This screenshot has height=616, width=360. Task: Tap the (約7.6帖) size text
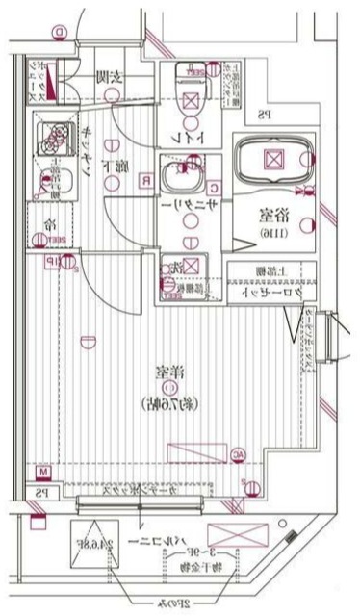click(169, 402)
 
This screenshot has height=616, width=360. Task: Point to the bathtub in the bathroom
click(273, 160)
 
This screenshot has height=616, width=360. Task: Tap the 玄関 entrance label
click(105, 77)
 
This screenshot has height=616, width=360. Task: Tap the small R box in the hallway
click(144, 180)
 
